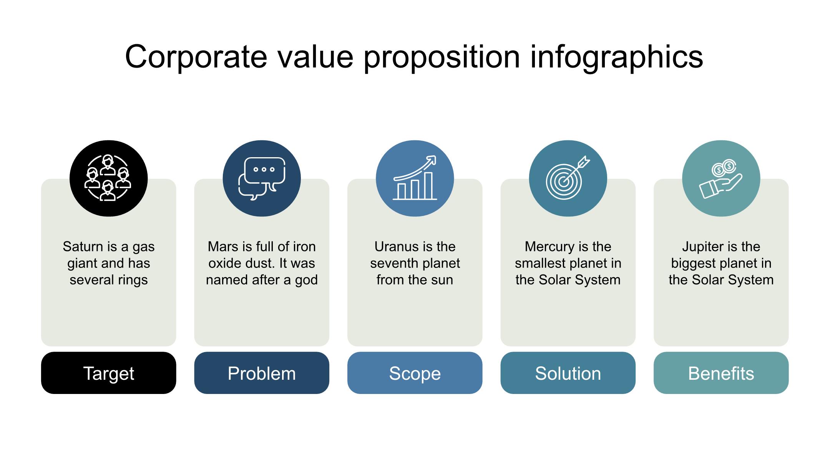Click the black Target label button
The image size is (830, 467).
[x=108, y=373]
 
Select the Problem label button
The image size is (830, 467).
[x=262, y=373]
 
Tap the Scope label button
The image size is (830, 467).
[x=415, y=373]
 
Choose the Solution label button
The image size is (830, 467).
[x=568, y=373]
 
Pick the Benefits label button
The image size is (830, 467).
[x=721, y=373]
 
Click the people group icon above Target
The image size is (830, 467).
[x=108, y=178]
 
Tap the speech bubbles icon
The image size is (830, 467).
[x=262, y=178]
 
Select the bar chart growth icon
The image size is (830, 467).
[x=415, y=178]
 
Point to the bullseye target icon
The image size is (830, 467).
[x=568, y=178]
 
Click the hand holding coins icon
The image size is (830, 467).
[x=720, y=179]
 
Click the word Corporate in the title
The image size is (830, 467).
[x=196, y=57]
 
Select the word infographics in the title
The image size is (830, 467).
[x=617, y=57]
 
